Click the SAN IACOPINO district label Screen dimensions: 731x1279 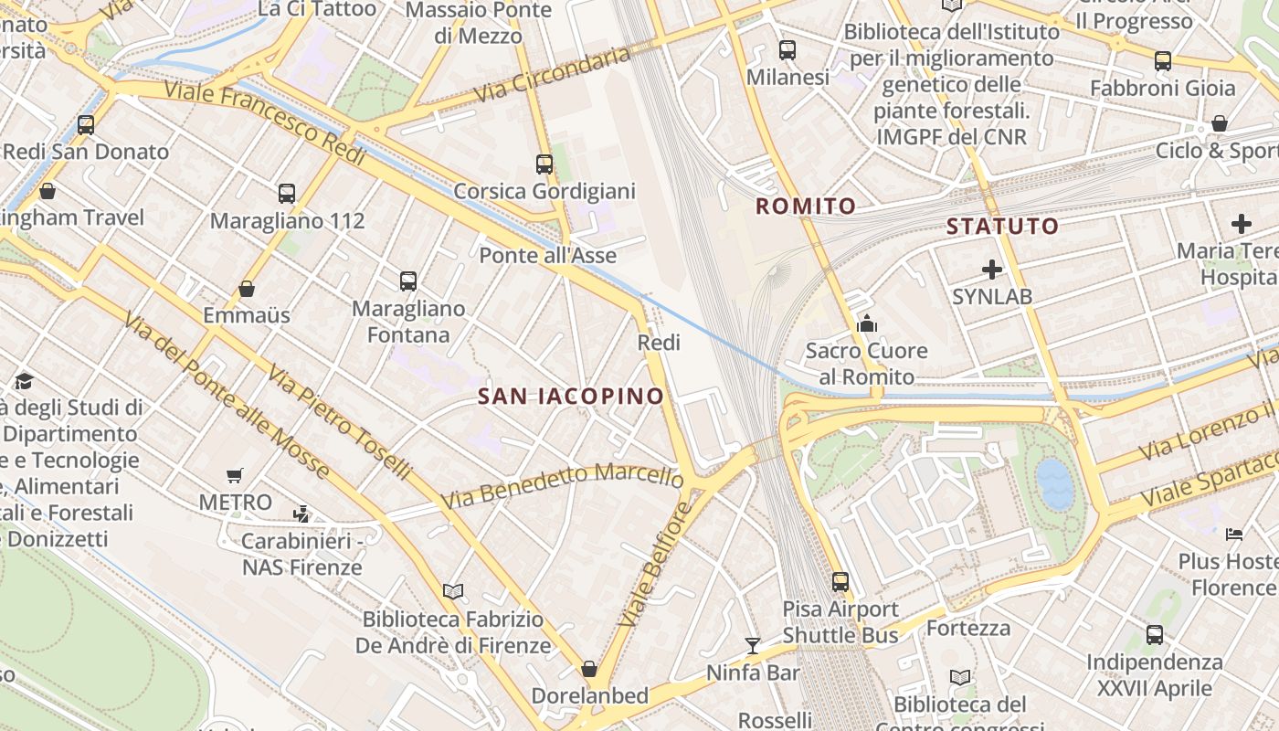(x=571, y=396)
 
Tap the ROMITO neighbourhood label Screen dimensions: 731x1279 (x=806, y=207)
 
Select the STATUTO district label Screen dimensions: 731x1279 (x=1002, y=226)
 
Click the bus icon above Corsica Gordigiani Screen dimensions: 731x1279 (x=544, y=164)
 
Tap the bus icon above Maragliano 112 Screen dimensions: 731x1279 (x=287, y=194)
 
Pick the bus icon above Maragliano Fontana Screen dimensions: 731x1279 (x=408, y=281)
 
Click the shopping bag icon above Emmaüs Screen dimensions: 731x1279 (x=247, y=289)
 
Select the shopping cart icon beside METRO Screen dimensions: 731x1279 (x=235, y=475)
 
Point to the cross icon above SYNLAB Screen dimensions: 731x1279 (x=992, y=270)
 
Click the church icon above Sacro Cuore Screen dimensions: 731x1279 (x=866, y=323)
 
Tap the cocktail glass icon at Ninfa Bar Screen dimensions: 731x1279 (x=752, y=646)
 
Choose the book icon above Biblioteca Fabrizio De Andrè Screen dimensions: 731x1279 (x=453, y=591)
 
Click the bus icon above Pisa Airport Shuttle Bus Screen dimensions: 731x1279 (x=840, y=581)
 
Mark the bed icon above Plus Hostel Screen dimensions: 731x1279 (x=1234, y=534)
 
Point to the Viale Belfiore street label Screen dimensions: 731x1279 (x=652, y=570)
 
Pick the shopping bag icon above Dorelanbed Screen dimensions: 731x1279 (x=589, y=669)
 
